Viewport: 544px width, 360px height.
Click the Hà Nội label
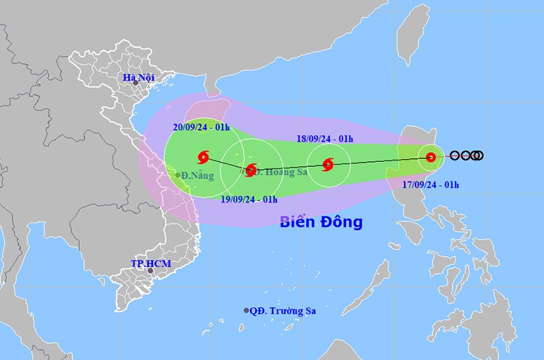pos(136,78)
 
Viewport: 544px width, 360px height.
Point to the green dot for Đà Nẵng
pos(178,174)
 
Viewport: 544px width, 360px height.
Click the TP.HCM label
pos(151,262)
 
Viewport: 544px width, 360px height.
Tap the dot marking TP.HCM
pos(151,271)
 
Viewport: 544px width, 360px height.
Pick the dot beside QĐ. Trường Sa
pos(247,311)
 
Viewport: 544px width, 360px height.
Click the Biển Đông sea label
pos(321,222)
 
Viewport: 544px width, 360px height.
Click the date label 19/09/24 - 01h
pos(249,198)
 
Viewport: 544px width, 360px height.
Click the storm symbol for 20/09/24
pos(202,156)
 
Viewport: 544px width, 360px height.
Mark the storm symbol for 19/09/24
pos(251,171)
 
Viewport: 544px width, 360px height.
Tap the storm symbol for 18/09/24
pos(328,165)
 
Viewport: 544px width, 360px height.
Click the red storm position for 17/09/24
pos(431,156)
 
